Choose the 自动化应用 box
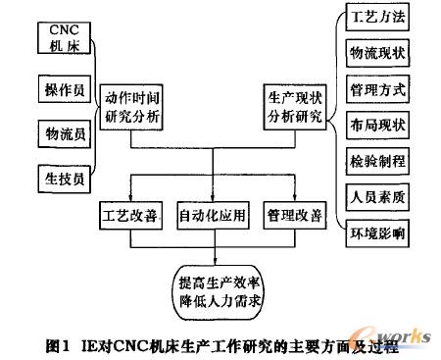tap(215, 213)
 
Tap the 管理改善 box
tap(297, 213)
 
